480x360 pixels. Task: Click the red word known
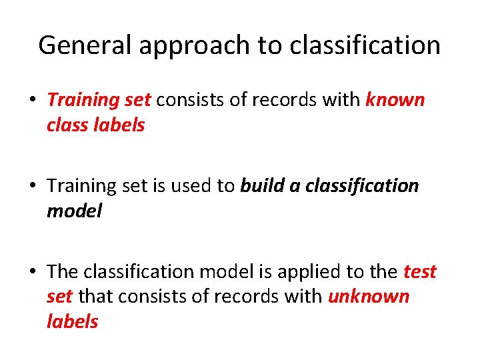tap(395, 100)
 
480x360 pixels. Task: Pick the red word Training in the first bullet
tap(83, 101)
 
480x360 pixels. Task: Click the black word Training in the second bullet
tap(83, 186)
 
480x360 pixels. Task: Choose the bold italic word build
tap(262, 186)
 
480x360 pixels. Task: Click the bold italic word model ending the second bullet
tap(75, 211)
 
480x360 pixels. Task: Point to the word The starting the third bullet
tap(63, 272)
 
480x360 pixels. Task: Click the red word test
tap(420, 272)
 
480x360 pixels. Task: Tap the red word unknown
tap(369, 297)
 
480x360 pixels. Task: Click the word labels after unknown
tap(72, 321)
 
